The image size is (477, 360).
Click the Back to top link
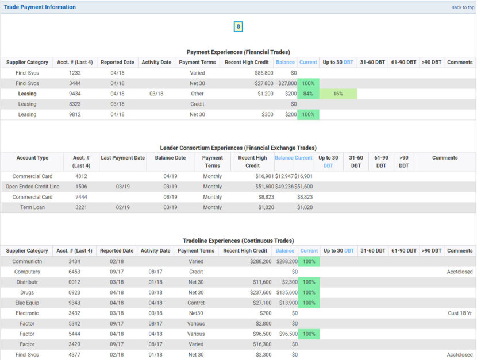point(463,7)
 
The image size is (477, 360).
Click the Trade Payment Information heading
point(40,7)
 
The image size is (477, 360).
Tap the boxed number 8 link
point(238,27)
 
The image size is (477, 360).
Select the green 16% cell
point(338,94)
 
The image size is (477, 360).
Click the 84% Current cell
point(308,94)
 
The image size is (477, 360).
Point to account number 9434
point(75,94)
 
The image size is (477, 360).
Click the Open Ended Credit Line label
point(33,187)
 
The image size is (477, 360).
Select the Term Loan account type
point(33,207)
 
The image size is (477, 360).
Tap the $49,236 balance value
point(284,187)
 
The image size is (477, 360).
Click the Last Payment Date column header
point(122,158)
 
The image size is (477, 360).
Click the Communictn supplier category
point(27,261)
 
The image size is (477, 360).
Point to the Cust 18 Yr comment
point(460,313)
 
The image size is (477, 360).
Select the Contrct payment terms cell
point(197,303)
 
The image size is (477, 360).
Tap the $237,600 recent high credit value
point(256,292)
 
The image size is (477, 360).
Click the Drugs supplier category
point(27,292)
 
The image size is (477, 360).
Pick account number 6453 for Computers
point(75,272)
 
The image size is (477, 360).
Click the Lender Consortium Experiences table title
point(238,148)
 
